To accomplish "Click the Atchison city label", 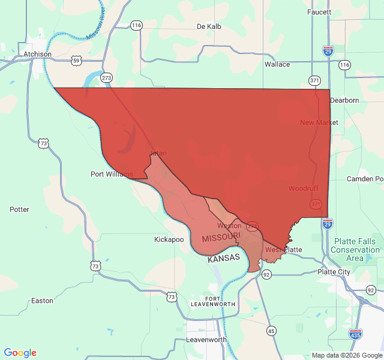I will click(x=37, y=54).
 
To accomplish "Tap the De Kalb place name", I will click(x=209, y=26).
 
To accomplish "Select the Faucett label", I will click(x=319, y=12).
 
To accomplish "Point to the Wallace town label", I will click(x=277, y=64).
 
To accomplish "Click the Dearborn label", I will click(x=344, y=100).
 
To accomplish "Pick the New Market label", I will click(x=319, y=122).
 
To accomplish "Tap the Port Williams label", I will click(x=112, y=174).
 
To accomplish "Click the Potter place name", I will click(x=19, y=209).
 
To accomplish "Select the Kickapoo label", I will click(x=169, y=239).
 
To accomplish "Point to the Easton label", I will click(x=42, y=301).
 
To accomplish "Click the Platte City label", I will click(x=334, y=272).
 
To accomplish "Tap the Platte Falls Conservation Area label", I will click(x=355, y=250).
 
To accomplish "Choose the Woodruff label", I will click(x=303, y=188).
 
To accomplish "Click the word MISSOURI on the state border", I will click(x=221, y=238).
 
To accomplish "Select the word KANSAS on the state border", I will click(x=224, y=258).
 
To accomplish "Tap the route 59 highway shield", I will click(x=76, y=61).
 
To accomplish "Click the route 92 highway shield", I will click(x=266, y=274).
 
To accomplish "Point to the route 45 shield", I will click(x=272, y=331).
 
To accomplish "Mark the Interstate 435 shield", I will click(x=355, y=334).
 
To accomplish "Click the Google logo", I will click(x=20, y=353).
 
